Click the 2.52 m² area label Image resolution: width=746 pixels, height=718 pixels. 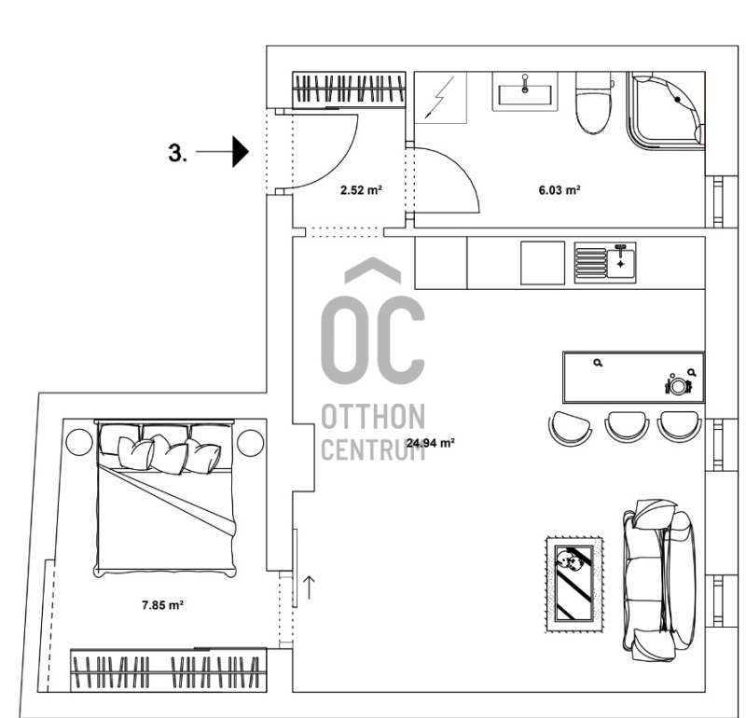tap(362, 190)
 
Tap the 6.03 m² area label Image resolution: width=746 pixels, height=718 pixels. tap(559, 190)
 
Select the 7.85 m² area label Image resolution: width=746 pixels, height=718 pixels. tap(162, 605)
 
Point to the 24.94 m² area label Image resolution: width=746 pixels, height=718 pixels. tap(431, 443)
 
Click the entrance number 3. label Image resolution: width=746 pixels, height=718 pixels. tap(177, 153)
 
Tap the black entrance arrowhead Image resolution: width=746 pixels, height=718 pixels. tap(241, 152)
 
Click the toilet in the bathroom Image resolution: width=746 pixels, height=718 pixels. tap(593, 104)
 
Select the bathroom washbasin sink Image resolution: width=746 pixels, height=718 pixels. tap(525, 92)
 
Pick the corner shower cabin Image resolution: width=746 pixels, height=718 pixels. tap(666, 110)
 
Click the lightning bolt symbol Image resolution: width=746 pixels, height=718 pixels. tap(440, 98)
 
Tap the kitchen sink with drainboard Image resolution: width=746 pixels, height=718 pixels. tap(605, 263)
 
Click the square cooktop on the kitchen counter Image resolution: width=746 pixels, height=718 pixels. tap(543, 263)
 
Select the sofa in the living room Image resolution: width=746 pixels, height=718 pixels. tap(659, 580)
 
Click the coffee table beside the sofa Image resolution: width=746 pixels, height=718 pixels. tap(574, 585)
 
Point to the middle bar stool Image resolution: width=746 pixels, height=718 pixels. tap(627, 427)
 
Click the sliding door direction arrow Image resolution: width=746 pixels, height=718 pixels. tap(310, 587)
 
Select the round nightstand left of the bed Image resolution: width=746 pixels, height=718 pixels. tap(79, 442)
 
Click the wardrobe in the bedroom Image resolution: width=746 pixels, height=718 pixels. tap(169, 670)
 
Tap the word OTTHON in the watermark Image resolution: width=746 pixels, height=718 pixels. tap(374, 417)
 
